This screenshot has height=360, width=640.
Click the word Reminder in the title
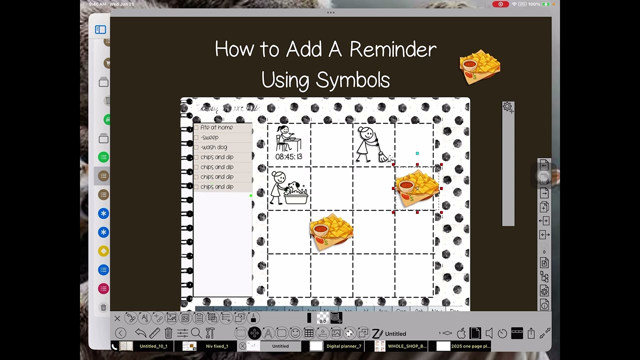click(392, 49)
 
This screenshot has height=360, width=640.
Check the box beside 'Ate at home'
click(196, 127)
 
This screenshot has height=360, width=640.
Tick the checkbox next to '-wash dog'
click(196, 147)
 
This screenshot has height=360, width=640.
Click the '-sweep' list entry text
click(209, 137)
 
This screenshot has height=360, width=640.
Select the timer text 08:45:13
click(288, 156)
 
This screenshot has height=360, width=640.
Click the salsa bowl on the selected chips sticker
click(406, 186)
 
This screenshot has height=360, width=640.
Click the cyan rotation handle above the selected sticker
click(417, 153)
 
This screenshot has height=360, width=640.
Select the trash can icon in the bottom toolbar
click(168, 333)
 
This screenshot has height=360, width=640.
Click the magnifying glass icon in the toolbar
click(196, 333)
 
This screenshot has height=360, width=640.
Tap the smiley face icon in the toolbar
click(295, 333)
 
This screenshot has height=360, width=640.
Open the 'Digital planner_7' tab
click(343, 346)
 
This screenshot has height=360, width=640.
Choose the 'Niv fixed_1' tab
click(216, 346)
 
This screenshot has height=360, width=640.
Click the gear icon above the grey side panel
click(507, 106)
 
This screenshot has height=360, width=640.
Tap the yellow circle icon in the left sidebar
click(103, 251)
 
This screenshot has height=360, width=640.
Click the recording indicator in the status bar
click(500, 4)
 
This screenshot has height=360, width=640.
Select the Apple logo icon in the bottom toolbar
click(461, 333)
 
